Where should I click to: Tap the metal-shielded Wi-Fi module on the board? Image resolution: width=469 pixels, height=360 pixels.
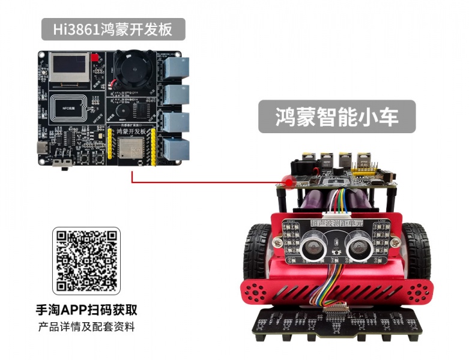(x=130, y=149)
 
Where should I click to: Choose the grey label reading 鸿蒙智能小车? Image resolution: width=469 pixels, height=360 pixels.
(x=337, y=116)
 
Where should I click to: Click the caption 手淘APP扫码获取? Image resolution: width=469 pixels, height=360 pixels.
(x=86, y=310)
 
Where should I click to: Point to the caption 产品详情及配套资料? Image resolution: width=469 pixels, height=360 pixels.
(x=86, y=328)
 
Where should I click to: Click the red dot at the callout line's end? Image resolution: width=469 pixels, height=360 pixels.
(x=288, y=181)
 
